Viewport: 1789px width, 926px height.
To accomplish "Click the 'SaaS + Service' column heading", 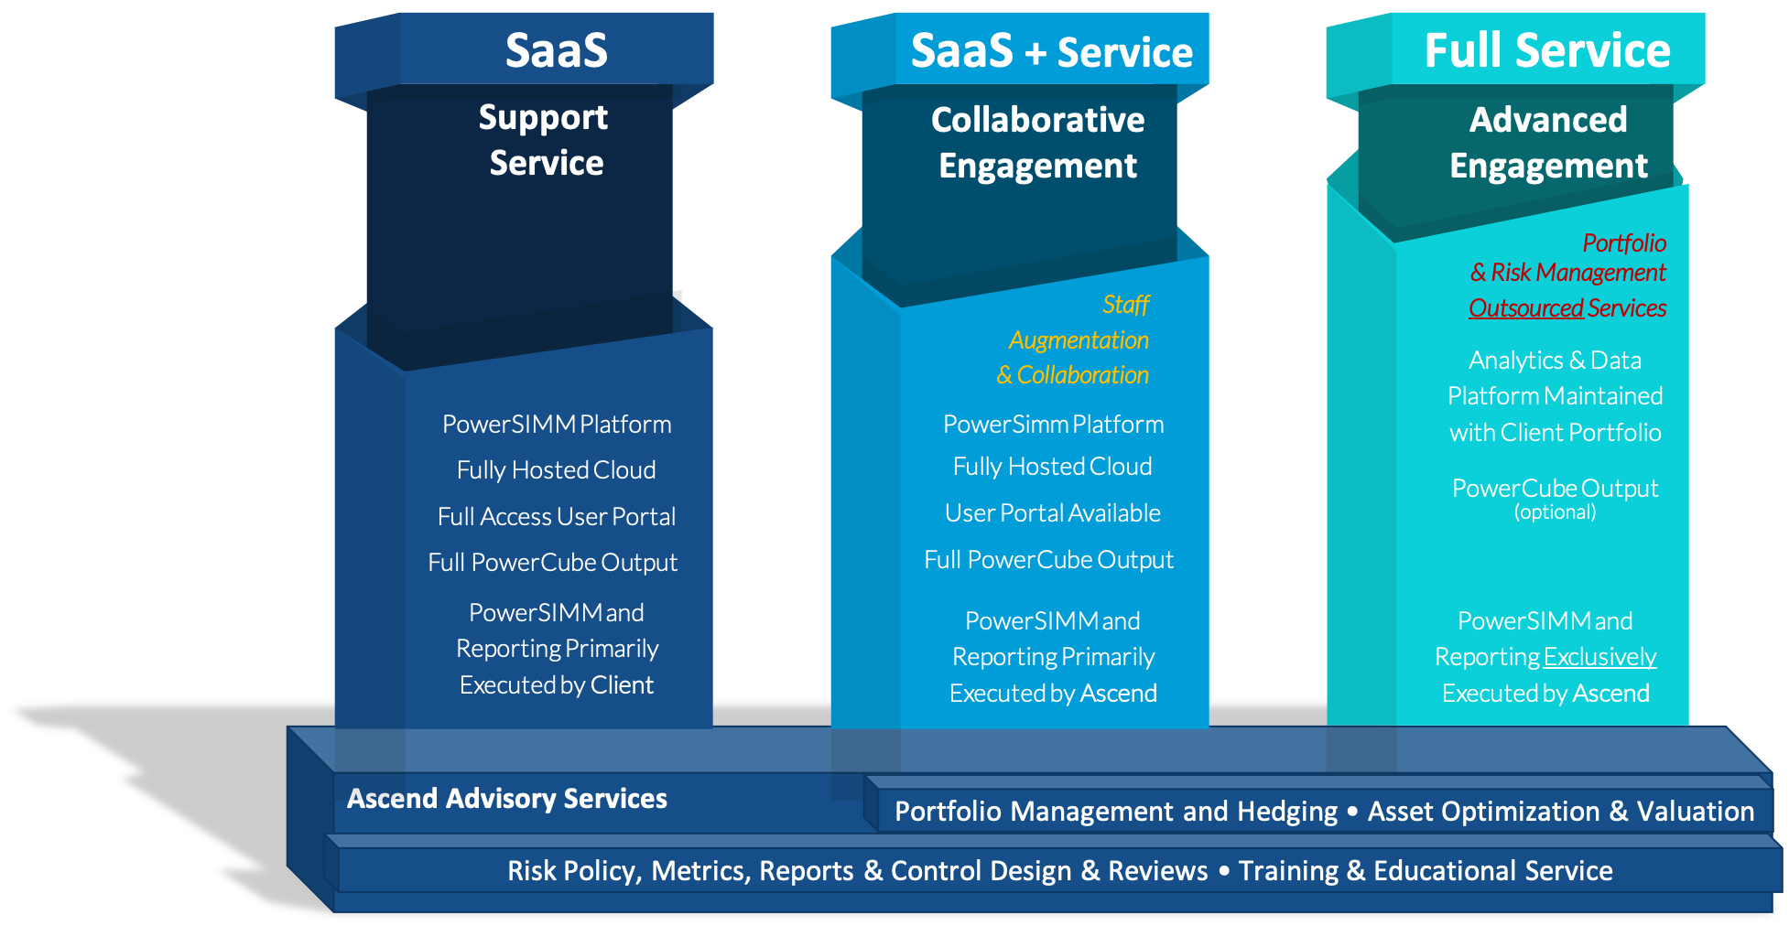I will point(1051,51).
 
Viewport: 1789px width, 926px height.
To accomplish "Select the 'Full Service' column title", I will point(1547,51).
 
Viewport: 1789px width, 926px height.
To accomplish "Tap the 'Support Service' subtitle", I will point(545,140).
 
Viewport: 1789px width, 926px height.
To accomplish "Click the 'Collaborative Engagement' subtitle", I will point(1037,143).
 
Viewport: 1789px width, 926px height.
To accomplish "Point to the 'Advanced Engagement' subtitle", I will point(1548,143).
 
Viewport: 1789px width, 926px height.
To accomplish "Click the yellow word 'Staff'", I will point(1125,305).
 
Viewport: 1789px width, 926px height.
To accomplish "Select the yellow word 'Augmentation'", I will point(1079,340).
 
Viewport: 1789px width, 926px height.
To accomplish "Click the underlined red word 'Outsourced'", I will point(1525,308).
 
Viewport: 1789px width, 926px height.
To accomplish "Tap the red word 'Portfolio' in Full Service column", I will point(1624,243).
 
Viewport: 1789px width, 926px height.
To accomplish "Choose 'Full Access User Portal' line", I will point(557,517).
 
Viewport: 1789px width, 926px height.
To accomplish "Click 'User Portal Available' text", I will point(1053,513).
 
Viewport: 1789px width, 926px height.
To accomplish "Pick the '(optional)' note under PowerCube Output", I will point(1555,512).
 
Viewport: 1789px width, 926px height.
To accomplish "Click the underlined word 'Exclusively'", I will point(1600,657).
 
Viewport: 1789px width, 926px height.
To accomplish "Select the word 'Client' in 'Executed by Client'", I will point(622,685).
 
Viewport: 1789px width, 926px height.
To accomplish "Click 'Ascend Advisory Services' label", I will point(506,799).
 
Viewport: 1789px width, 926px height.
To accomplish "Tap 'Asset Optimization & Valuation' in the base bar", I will point(1560,812).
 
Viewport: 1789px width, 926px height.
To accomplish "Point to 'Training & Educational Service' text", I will point(1425,871).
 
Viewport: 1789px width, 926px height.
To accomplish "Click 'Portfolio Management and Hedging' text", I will point(1115,812).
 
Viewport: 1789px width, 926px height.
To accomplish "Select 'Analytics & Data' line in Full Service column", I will point(1555,361).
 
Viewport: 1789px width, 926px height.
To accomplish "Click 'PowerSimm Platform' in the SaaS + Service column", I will point(1053,425).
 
